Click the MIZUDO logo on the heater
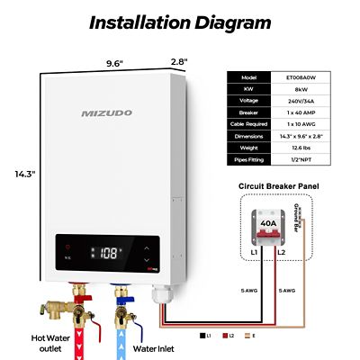tap(107, 113)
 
